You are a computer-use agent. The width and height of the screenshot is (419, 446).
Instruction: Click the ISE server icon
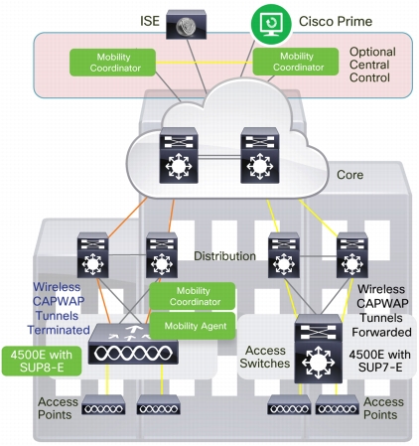(x=186, y=25)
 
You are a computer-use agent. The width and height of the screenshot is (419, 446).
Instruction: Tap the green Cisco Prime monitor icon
(x=271, y=24)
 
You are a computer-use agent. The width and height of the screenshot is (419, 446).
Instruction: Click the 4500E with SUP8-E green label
(x=42, y=361)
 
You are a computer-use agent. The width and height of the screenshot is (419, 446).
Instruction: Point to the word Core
(x=349, y=175)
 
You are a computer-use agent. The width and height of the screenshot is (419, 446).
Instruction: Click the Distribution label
(x=224, y=256)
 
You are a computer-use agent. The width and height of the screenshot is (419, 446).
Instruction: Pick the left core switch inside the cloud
(x=179, y=155)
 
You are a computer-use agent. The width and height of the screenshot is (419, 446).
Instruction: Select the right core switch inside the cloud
(x=260, y=155)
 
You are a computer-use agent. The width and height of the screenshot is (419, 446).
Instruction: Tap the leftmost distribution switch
(x=93, y=255)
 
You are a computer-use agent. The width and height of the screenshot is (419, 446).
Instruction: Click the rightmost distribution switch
(x=352, y=255)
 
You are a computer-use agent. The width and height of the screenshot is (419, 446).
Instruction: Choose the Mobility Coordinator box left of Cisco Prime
(x=112, y=63)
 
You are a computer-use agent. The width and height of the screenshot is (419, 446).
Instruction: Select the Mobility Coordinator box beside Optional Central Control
(x=296, y=62)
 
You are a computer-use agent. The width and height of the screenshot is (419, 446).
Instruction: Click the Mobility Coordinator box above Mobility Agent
(x=193, y=296)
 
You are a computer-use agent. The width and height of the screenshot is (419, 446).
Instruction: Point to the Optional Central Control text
(x=372, y=65)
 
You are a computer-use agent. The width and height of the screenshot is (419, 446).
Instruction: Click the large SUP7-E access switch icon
(x=319, y=349)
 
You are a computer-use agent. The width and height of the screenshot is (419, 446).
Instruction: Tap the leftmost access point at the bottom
(x=103, y=404)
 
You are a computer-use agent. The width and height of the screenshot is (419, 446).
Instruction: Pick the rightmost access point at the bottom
(x=338, y=404)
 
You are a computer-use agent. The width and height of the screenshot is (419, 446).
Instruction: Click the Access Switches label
(x=265, y=357)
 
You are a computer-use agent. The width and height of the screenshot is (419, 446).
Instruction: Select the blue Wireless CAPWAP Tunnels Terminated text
(x=59, y=308)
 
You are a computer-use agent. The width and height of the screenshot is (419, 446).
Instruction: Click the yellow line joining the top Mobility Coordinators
(x=205, y=62)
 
